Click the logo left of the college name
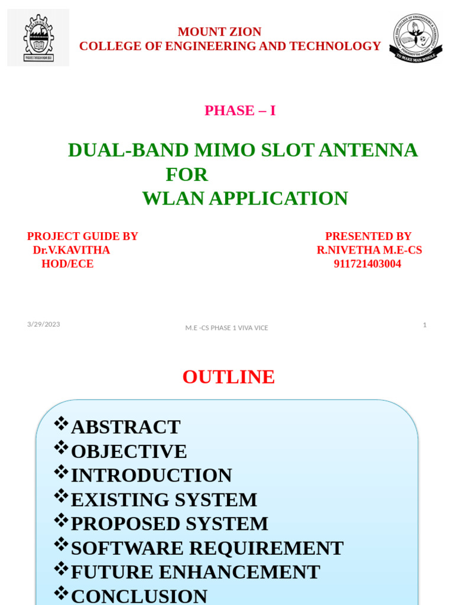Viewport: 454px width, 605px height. coord(38,37)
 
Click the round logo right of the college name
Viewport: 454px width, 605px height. coord(416,38)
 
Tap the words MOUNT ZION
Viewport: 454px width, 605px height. coord(219,32)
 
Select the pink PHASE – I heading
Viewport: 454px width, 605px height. coord(240,110)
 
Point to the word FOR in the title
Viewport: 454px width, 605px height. coord(187,175)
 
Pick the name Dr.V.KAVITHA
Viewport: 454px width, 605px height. coord(72,250)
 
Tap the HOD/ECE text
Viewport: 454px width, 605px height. coord(67,264)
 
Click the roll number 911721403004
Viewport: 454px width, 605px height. coord(368,264)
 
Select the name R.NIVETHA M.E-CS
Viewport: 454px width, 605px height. coord(369,250)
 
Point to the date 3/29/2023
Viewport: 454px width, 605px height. coord(44,324)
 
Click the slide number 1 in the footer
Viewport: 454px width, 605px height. coord(424,324)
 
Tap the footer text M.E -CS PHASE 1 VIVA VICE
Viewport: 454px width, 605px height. coord(226,328)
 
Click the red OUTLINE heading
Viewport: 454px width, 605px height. coord(228,377)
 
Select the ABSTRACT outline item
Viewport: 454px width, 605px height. coord(125,427)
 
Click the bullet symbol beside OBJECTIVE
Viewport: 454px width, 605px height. coord(61,448)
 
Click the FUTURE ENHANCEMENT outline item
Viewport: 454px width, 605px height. coord(195,572)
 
